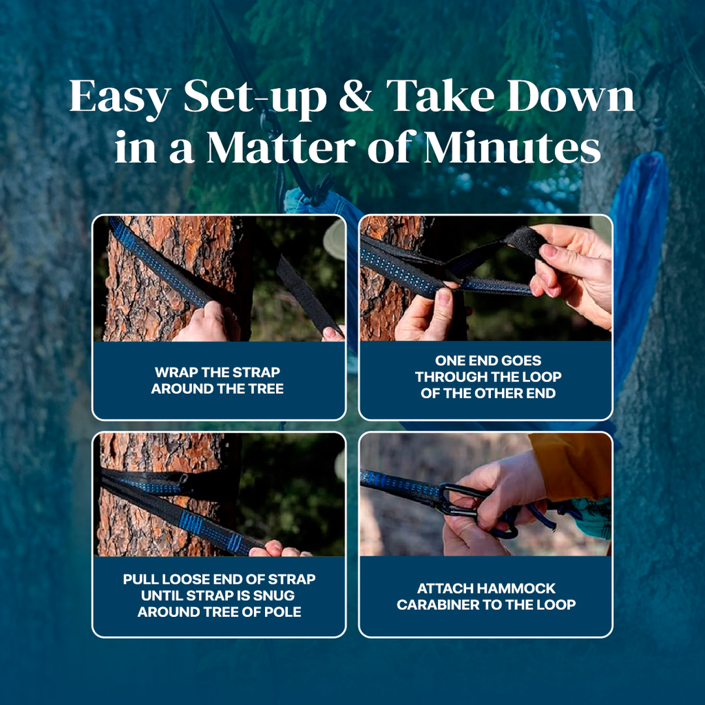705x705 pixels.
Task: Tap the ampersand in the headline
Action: coord(356,96)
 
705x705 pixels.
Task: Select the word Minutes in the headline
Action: coord(512,147)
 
